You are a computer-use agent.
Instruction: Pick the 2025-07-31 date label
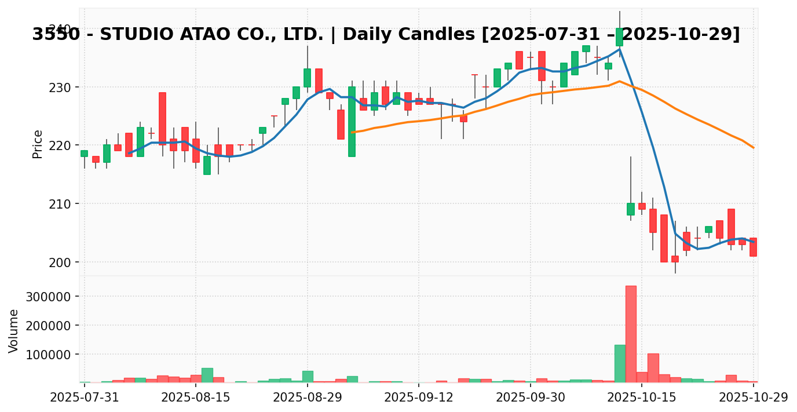point(85,398)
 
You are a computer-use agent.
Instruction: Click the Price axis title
point(38,144)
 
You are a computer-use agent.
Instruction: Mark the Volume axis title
point(14,330)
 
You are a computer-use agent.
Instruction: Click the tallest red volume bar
point(631,334)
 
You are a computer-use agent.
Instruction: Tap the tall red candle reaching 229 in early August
point(162,118)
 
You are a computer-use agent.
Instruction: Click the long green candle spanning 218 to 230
point(352,122)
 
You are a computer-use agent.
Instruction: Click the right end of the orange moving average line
point(753,147)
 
